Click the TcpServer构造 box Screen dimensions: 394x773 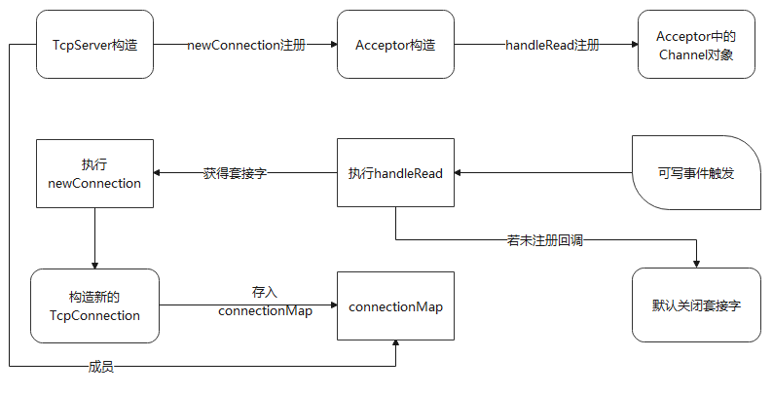coord(94,45)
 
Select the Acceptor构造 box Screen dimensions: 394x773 coord(395,45)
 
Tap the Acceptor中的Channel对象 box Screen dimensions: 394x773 coord(695,45)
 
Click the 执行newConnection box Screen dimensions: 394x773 coord(94,174)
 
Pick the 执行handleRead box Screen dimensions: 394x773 coord(395,174)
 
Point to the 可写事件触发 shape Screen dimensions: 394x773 coord(695,174)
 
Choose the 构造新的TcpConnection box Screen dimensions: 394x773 coord(94,305)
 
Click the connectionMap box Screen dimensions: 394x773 coord(395,306)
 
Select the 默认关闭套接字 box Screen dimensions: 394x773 coord(695,304)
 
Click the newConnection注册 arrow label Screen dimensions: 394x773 coord(246,46)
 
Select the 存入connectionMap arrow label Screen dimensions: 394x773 coord(265,302)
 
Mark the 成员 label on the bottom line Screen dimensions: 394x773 coord(102,367)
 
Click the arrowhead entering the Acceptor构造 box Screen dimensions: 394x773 coord(332,46)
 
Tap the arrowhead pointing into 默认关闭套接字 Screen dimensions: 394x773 coord(695,263)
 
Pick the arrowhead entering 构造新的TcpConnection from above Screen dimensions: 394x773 coord(94,264)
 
